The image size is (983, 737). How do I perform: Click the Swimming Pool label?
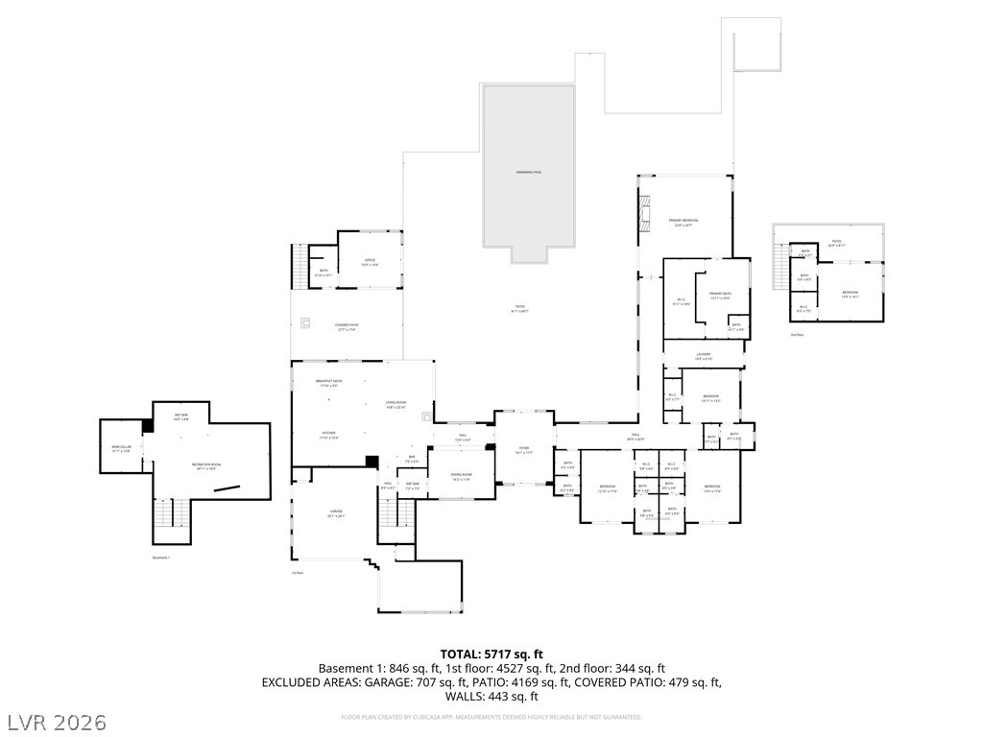pos(529,172)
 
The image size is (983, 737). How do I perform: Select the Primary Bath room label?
pos(720,295)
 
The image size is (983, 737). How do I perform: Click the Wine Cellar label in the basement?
pos(120,448)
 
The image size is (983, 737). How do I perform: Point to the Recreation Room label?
pos(205,466)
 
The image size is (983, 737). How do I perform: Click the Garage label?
pos(336,512)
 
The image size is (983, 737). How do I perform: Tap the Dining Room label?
pos(462,476)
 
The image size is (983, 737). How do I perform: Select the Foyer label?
pos(523,449)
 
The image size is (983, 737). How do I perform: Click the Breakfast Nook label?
pos(329,382)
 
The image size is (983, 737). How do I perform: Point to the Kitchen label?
pos(328,434)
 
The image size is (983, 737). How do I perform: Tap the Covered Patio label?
pos(348,326)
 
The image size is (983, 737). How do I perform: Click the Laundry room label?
pos(702,355)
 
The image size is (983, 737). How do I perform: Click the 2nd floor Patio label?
pos(836,242)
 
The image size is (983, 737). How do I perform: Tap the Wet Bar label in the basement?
pos(180,416)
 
